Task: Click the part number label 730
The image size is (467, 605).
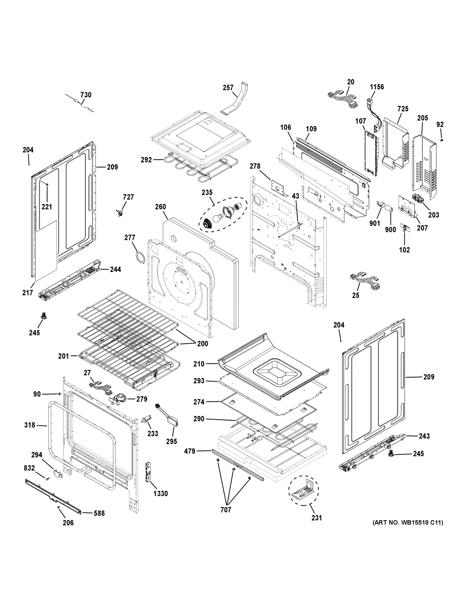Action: click(86, 95)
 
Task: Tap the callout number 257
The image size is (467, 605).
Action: click(228, 87)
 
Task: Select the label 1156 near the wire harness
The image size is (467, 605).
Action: click(377, 87)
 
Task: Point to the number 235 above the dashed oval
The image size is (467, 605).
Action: click(207, 192)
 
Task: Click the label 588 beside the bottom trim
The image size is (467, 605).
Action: click(99, 513)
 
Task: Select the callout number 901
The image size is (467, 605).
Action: click(375, 223)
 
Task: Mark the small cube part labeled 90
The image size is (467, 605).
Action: click(59, 394)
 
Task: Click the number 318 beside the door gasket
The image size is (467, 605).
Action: click(30, 425)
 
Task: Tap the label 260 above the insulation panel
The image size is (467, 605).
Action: click(160, 207)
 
